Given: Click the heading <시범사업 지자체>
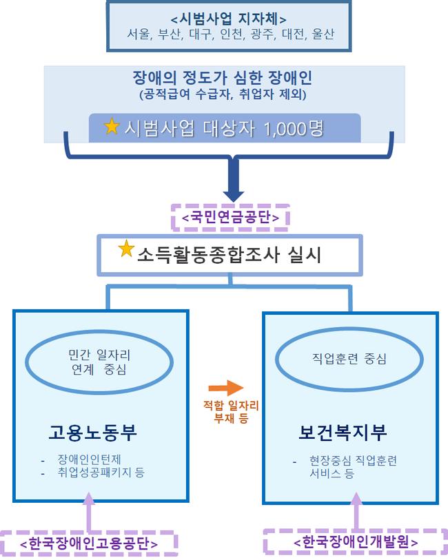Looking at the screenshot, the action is coord(229,19).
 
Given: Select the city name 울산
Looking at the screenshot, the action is coord(323,34).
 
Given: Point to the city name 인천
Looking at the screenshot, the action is coord(232,34).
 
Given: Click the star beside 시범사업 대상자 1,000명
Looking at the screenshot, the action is coord(112,126).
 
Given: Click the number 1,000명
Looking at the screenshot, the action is coord(294,129).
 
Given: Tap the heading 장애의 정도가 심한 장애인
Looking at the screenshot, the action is coord(223,77).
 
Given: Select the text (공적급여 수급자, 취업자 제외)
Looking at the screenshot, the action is coord(223,94).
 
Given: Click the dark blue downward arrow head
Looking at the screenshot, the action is coord(234,196).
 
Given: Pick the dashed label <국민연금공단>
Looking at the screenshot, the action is coord(230,217).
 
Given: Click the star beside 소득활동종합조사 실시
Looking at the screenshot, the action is coord(126,249).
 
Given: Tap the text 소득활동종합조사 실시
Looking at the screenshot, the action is coord(229,255).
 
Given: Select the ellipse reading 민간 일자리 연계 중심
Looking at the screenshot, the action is coord(99,331).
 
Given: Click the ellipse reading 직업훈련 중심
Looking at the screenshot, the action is coord(349,330).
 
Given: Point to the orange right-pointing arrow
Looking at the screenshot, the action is coord(226,388).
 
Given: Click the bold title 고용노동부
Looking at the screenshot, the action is coord(93,433).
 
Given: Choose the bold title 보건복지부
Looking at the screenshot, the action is coord(343,433).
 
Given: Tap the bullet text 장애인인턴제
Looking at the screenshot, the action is coord(90,459).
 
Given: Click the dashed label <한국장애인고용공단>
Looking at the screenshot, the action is coord(89,543).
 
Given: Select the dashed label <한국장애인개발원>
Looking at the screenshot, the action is coord(356,542).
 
